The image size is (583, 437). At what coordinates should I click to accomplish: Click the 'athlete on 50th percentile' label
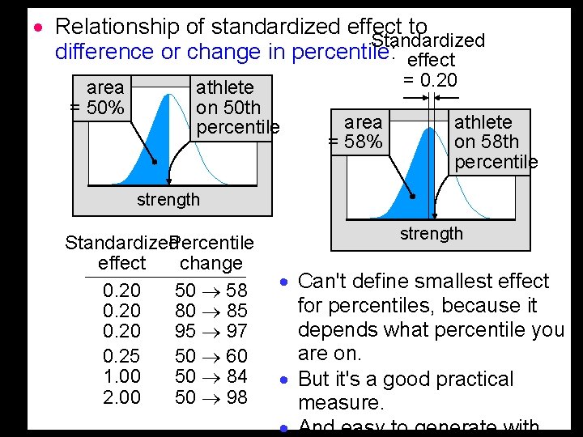236,107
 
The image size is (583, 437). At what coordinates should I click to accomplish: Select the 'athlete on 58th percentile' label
494,142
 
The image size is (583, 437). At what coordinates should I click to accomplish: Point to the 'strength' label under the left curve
168,199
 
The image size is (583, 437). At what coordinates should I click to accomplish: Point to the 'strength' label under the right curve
432,234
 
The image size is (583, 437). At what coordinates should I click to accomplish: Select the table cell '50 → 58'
211,291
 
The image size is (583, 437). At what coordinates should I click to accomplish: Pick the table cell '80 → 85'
211,311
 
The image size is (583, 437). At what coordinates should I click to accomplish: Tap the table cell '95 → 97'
211,331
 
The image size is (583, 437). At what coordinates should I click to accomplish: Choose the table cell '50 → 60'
211,356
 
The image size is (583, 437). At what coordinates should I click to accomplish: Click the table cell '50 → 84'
211,376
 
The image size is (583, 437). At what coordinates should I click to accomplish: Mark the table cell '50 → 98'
211,397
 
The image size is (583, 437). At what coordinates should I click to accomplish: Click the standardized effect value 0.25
122,356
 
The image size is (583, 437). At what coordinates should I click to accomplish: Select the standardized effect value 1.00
122,376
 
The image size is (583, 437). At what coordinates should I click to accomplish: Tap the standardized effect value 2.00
122,397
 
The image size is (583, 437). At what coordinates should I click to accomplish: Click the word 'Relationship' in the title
116,27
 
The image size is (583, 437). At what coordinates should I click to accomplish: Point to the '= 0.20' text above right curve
430,80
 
